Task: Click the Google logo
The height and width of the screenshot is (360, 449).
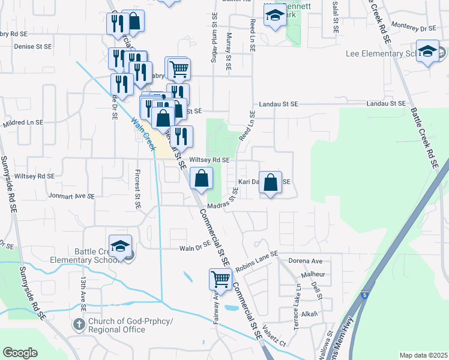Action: [20, 353]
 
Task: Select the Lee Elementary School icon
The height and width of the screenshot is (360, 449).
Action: [427, 52]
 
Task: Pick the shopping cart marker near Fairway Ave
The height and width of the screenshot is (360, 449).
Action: [220, 280]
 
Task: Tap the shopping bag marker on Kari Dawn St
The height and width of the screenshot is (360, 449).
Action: [271, 182]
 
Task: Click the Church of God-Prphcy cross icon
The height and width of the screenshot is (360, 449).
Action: [79, 325]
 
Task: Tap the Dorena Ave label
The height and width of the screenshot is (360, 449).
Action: [306, 261]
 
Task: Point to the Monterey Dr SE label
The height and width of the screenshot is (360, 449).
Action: [412, 28]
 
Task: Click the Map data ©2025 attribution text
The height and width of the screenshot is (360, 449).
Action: [423, 355]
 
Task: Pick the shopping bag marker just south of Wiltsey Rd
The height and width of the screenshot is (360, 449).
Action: [202, 178]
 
